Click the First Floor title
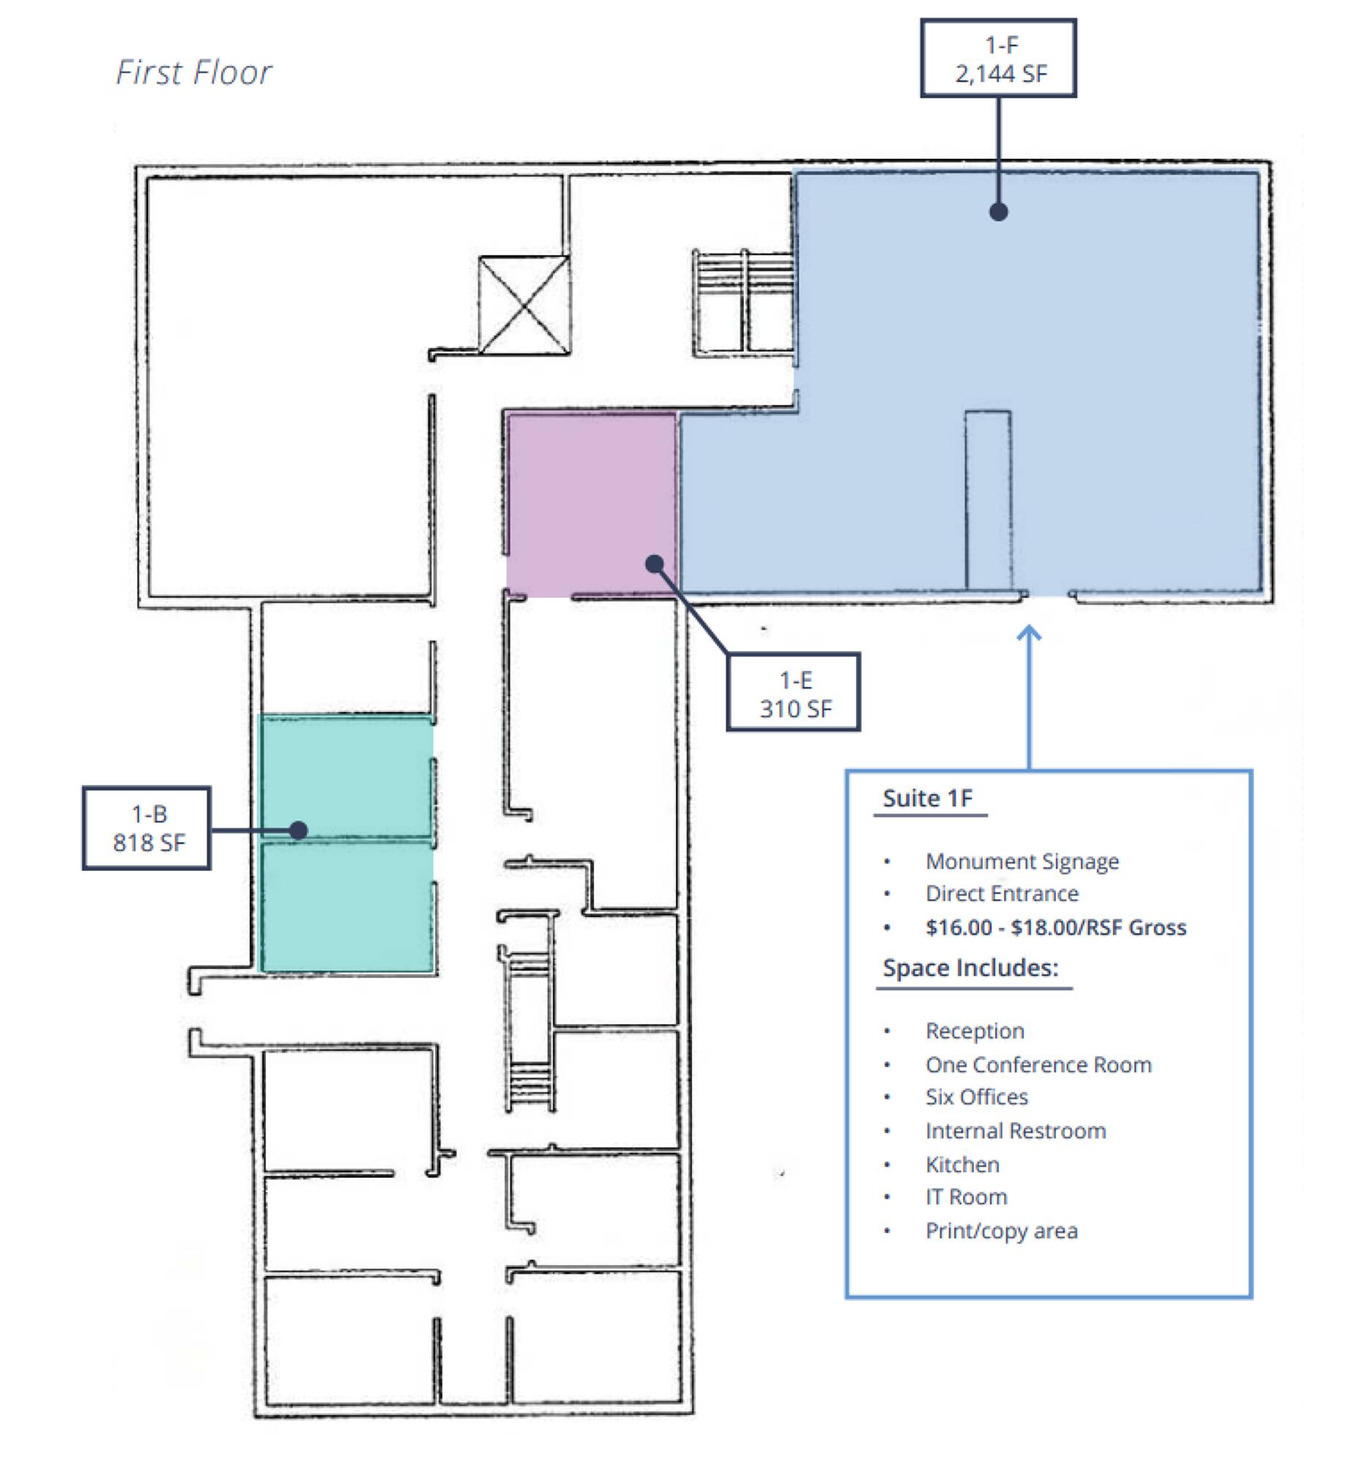(194, 73)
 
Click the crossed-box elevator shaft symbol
(523, 304)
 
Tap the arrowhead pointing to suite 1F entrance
(1029, 633)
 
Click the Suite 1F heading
(927, 798)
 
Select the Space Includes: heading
(970, 968)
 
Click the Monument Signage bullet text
(1022, 861)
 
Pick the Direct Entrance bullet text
(1002, 894)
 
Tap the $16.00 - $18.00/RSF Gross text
(1055, 927)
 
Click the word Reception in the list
(975, 1031)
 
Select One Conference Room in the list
(1038, 1065)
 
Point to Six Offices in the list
(976, 1097)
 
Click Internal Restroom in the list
(1015, 1131)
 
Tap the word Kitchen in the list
(962, 1165)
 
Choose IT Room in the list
(966, 1198)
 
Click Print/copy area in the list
(1001, 1231)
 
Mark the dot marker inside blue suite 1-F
(998, 212)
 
